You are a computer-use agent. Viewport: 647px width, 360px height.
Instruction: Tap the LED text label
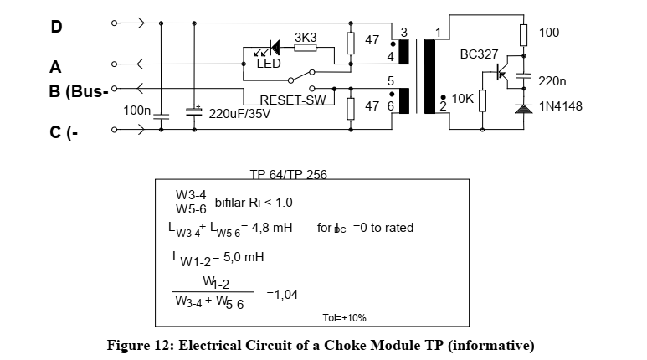[270, 64]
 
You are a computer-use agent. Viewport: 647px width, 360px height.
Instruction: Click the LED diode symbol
[270, 49]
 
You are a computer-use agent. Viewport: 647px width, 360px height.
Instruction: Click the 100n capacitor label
[136, 111]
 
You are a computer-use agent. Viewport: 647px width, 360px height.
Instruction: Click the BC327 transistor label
[479, 54]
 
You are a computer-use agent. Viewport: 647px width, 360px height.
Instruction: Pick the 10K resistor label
[462, 99]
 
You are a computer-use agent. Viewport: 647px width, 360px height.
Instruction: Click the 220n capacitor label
[552, 81]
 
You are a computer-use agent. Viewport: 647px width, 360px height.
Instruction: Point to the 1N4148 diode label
[560, 106]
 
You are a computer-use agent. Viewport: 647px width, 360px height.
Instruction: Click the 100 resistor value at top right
[549, 33]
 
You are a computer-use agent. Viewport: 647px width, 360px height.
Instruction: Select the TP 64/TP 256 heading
[289, 175]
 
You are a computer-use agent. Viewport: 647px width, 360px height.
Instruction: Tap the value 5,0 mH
[242, 257]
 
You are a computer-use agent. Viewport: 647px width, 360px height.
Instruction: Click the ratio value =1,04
[281, 294]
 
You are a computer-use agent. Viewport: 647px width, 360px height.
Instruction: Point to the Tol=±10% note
[344, 318]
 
